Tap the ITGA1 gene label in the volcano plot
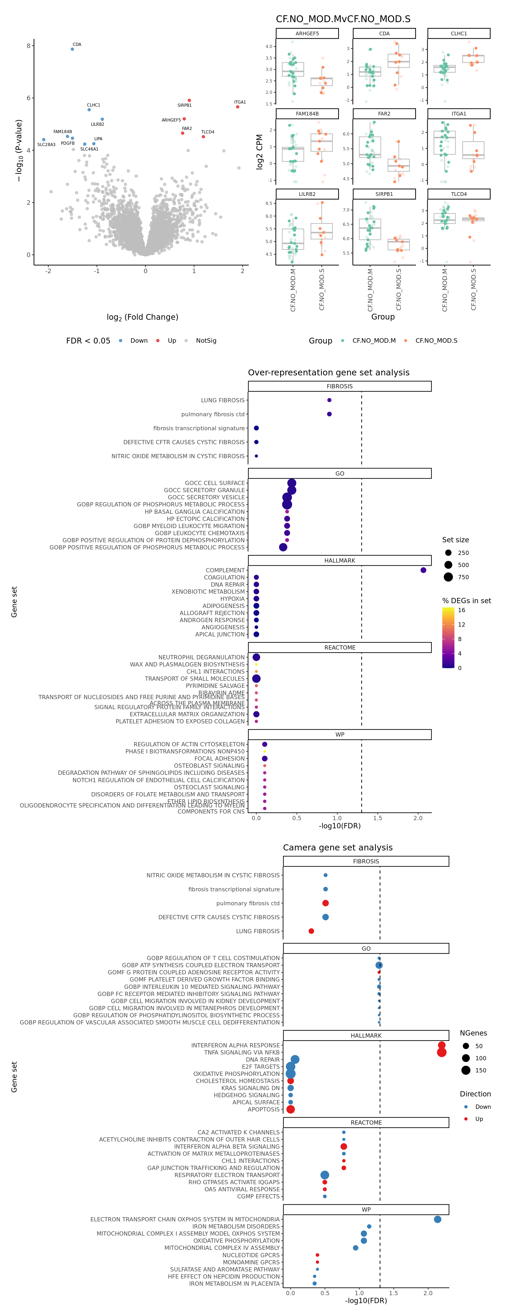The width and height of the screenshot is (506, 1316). pos(240,102)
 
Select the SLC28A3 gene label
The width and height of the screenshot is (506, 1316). pos(46,144)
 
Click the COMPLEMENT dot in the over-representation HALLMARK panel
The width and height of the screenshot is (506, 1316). pos(423,570)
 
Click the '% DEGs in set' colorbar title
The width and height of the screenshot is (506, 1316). pos(466,601)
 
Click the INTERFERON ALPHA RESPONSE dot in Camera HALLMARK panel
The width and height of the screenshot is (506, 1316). pos(442,1045)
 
